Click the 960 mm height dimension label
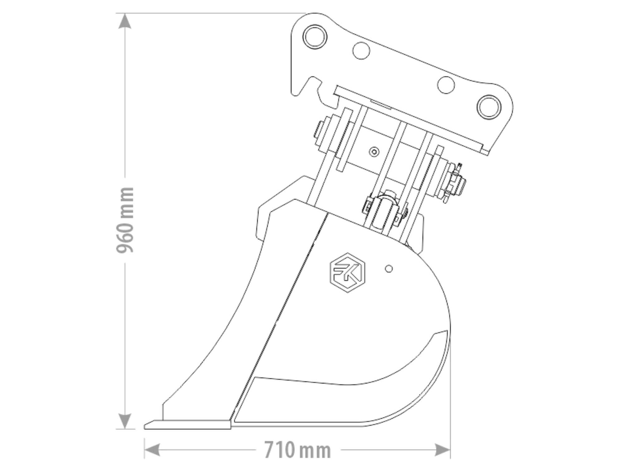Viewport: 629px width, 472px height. (x=125, y=220)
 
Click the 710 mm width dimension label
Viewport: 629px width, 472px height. (x=298, y=450)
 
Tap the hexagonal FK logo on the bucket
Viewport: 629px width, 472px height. (x=348, y=273)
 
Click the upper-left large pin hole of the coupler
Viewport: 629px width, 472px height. (x=315, y=37)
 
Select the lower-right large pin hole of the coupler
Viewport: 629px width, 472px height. (x=489, y=107)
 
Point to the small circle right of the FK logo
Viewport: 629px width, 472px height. (x=389, y=269)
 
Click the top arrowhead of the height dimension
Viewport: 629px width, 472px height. (x=125, y=21)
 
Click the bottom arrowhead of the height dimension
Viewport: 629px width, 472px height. (x=125, y=421)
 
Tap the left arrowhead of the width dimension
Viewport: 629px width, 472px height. (x=152, y=450)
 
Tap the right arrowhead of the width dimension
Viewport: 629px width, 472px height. (x=442, y=450)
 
